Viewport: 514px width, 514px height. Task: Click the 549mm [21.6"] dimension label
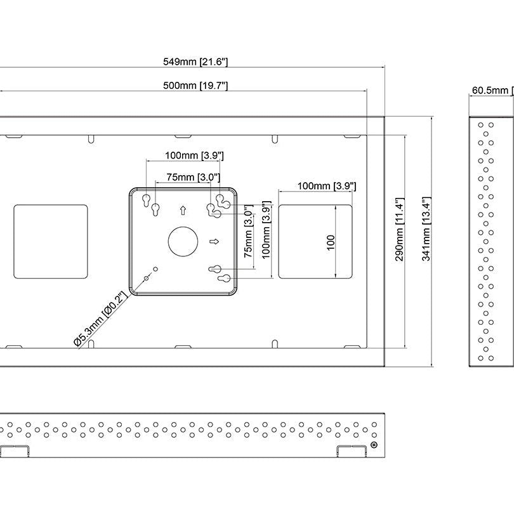pyautogui.click(x=195, y=62)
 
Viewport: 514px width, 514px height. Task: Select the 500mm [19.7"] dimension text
pyautogui.click(x=195, y=86)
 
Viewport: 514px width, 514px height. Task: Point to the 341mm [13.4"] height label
pyautogui.click(x=426, y=229)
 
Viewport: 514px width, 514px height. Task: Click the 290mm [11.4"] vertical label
pyautogui.click(x=400, y=229)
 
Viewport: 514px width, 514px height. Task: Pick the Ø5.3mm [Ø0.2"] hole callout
pyautogui.click(x=101, y=319)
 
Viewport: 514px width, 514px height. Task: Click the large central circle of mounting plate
pyautogui.click(x=183, y=242)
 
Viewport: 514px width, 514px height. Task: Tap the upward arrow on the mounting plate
pyautogui.click(x=183, y=210)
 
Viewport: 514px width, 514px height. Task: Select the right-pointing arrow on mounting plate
pyautogui.click(x=214, y=242)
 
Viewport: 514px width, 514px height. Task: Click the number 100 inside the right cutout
pyautogui.click(x=331, y=242)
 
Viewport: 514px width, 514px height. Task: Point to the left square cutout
pyautogui.click(x=51, y=242)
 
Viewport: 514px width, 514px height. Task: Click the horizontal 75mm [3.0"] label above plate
pyautogui.click(x=193, y=177)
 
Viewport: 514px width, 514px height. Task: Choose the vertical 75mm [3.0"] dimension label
pyautogui.click(x=249, y=231)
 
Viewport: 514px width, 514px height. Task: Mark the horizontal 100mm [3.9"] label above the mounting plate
pyautogui.click(x=194, y=155)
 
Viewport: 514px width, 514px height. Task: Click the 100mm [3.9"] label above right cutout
pyautogui.click(x=327, y=186)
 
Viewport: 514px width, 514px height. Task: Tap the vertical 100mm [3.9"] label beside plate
pyautogui.click(x=266, y=230)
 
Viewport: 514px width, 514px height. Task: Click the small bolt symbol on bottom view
pyautogui.click(x=374, y=445)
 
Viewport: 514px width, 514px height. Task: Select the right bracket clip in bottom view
pyautogui.click(x=352, y=451)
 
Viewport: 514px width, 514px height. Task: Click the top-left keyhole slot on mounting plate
pyautogui.click(x=146, y=201)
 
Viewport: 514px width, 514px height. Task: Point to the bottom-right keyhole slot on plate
pyautogui.click(x=225, y=279)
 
